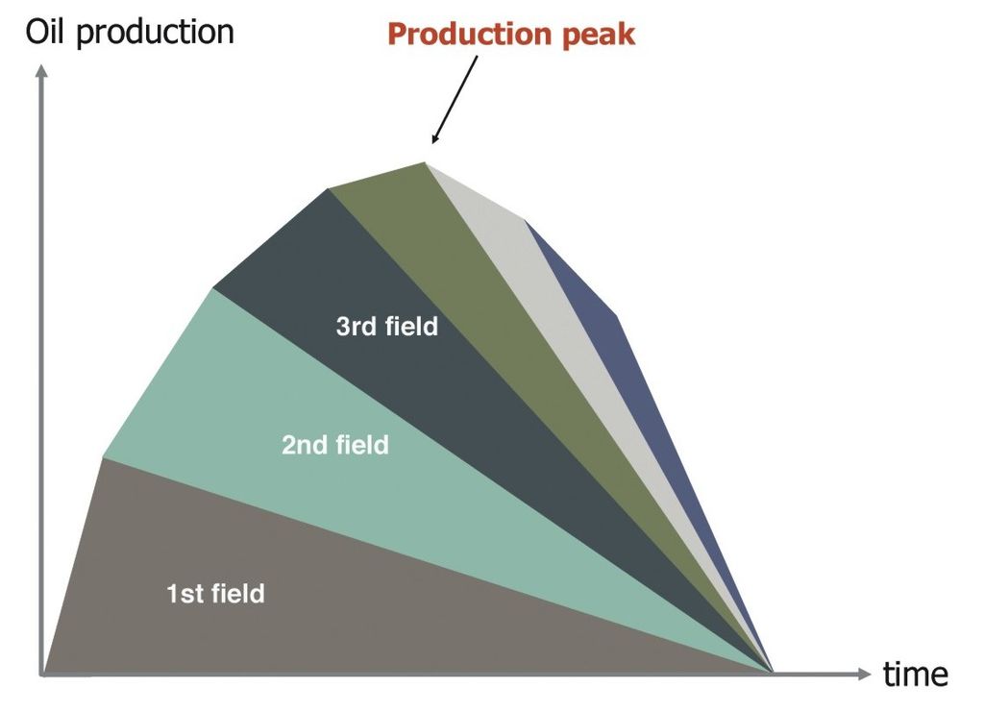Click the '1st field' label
[x=215, y=594]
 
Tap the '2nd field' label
[x=335, y=445]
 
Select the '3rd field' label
[x=386, y=326]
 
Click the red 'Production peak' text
[x=511, y=35]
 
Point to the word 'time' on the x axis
[x=915, y=675]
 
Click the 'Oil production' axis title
[x=130, y=32]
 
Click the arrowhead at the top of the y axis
[x=41, y=70]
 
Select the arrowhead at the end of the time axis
[x=864, y=674]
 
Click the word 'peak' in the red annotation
[x=598, y=36]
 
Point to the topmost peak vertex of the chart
[x=425, y=162]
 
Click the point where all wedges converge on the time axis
[x=772, y=674]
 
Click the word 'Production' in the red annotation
[x=471, y=34]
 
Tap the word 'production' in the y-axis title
[x=155, y=34]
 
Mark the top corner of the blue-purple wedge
[x=525, y=220]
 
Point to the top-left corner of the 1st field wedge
[x=103, y=458]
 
